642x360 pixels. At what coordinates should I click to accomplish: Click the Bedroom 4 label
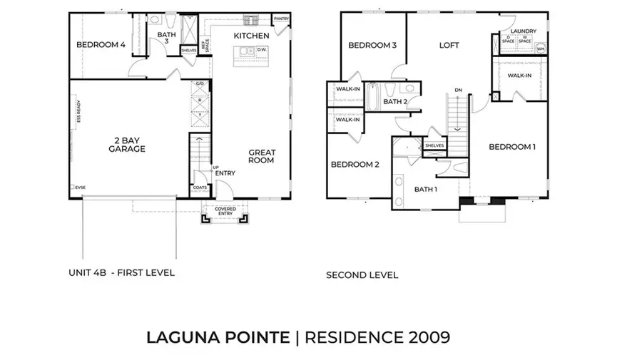click(x=101, y=45)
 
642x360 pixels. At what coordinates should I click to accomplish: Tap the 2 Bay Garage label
click(x=127, y=145)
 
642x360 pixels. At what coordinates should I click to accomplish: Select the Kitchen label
click(x=252, y=36)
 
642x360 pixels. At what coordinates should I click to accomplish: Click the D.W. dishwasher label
click(x=261, y=50)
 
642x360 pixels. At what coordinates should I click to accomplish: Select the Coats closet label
click(x=200, y=187)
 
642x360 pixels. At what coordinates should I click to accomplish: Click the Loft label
click(x=449, y=45)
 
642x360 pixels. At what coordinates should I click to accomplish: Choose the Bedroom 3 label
click(x=372, y=46)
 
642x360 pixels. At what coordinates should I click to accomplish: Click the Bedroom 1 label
click(x=512, y=147)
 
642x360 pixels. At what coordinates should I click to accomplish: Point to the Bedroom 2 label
click(x=355, y=165)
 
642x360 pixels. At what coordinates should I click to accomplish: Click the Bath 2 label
click(x=394, y=102)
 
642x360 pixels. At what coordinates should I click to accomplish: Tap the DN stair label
click(x=459, y=90)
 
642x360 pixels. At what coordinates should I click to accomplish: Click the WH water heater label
click(x=540, y=48)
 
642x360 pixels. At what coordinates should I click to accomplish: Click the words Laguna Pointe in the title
click(x=218, y=336)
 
